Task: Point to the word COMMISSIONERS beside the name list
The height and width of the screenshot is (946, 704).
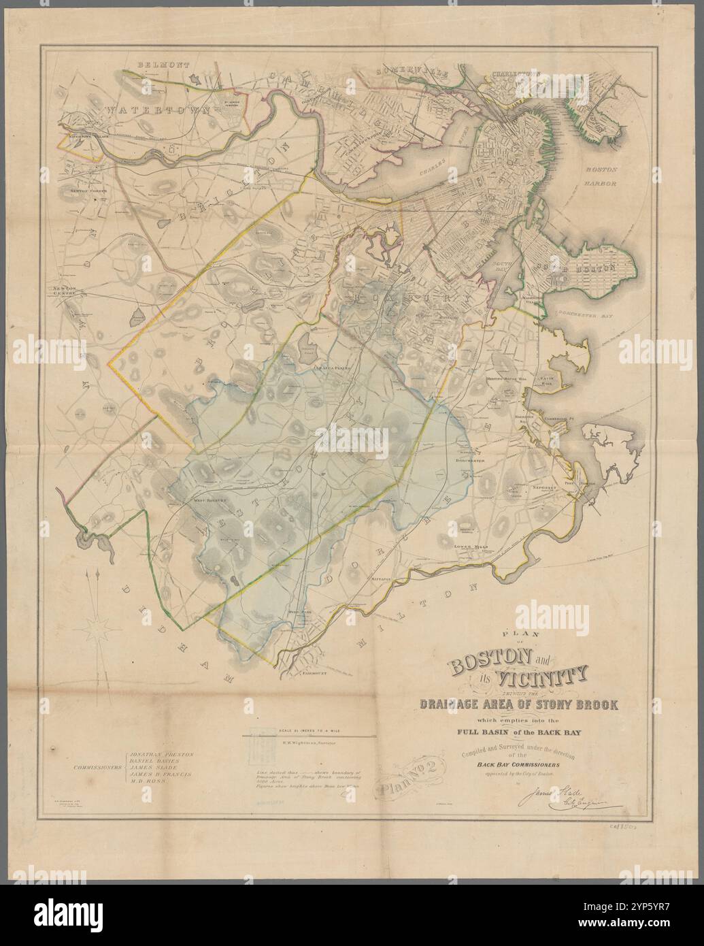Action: [x=96, y=766]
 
